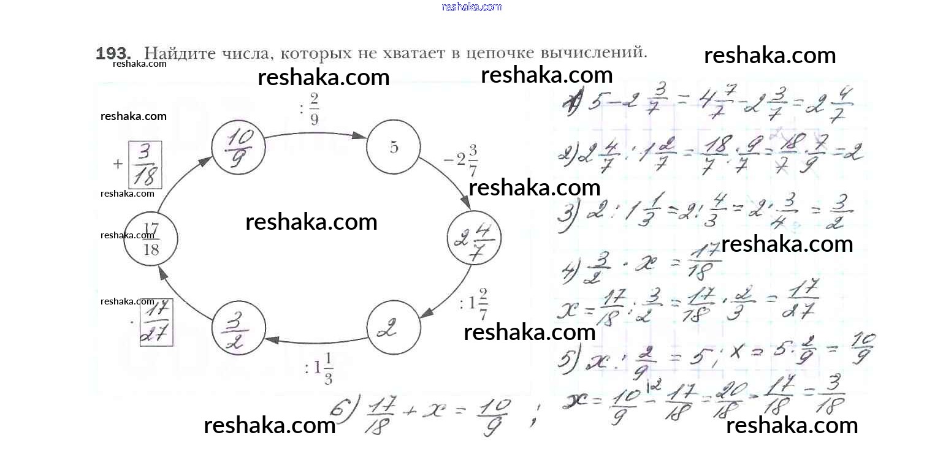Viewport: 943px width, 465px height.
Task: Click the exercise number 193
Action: (114, 53)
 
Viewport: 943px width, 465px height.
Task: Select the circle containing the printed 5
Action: (394, 148)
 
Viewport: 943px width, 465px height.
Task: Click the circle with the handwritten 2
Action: (394, 328)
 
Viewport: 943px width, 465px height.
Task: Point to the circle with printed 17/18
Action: (151, 240)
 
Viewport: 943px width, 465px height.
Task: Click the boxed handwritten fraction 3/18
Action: (145, 165)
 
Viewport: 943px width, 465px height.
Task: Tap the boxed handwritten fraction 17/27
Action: (156, 322)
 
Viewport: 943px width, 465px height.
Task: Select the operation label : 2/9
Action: (310, 108)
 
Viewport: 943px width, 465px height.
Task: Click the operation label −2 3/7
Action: (461, 161)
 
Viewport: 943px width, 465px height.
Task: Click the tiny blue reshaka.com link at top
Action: (471, 7)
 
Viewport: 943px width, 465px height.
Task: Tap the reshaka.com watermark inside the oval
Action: (311, 222)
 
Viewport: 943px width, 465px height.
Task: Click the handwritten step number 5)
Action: (567, 358)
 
